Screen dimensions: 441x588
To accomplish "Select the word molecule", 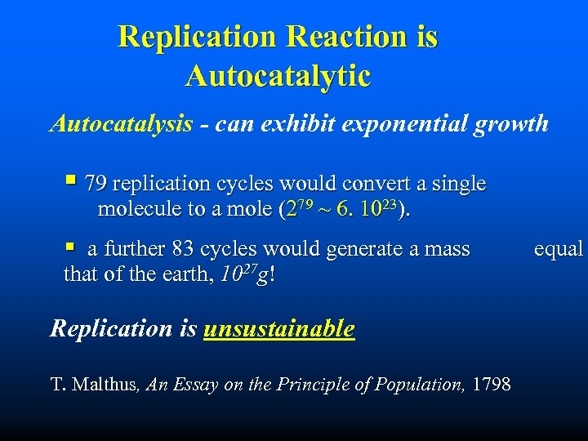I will pos(139,209).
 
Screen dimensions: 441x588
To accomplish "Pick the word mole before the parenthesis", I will pos(248,209).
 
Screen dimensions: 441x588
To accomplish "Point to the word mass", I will pos(448,249).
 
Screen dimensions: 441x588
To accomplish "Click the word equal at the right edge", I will pos(558,249).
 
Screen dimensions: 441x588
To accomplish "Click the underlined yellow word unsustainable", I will pos(278,328).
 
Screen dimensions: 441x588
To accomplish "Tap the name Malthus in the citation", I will pos(109,384).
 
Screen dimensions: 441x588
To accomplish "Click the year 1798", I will pos(492,384).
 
